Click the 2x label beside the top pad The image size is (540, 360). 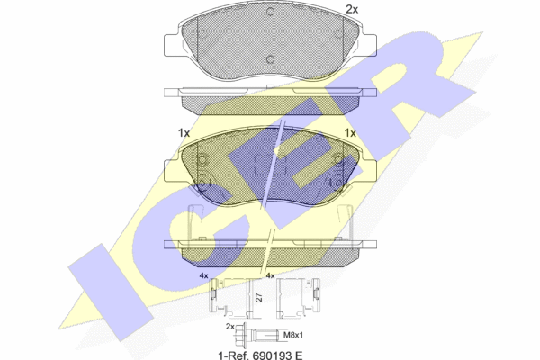pos(352,10)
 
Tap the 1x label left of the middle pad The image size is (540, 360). pos(184,132)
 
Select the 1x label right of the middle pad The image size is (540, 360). pos(350,132)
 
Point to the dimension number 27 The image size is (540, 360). pos(259,297)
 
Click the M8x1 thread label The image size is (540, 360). pos(293,335)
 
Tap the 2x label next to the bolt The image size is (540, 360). pos(230,326)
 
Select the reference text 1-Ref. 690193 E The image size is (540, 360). pos(261,355)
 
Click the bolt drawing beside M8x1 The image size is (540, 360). pos(260,334)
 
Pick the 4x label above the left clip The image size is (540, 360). pos(204,275)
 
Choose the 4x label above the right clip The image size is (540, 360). pos(270,275)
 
